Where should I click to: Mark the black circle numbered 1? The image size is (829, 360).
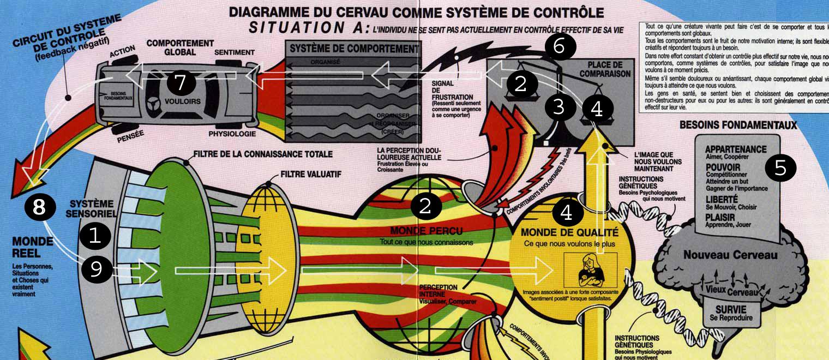point(95,236)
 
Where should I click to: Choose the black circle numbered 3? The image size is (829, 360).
point(558,107)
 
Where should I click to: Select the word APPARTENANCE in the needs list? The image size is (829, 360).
point(735,149)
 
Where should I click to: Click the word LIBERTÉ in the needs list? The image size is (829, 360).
point(721,200)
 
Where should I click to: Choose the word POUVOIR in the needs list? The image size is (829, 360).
point(723,167)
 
